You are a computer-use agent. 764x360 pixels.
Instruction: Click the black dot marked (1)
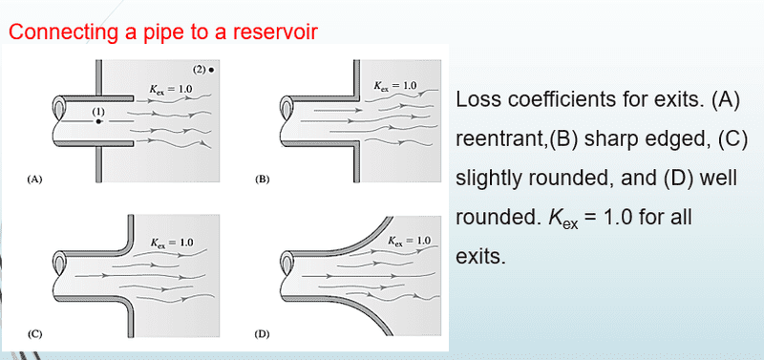(98, 121)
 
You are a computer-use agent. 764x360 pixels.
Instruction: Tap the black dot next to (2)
(211, 70)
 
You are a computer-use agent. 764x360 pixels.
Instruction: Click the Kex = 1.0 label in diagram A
(171, 89)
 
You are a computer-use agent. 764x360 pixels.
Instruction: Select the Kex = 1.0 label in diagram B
(395, 86)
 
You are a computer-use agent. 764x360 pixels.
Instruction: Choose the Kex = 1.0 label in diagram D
(410, 241)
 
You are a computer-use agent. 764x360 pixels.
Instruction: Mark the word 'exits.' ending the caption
(481, 256)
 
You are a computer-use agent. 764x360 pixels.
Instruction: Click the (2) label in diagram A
(199, 69)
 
